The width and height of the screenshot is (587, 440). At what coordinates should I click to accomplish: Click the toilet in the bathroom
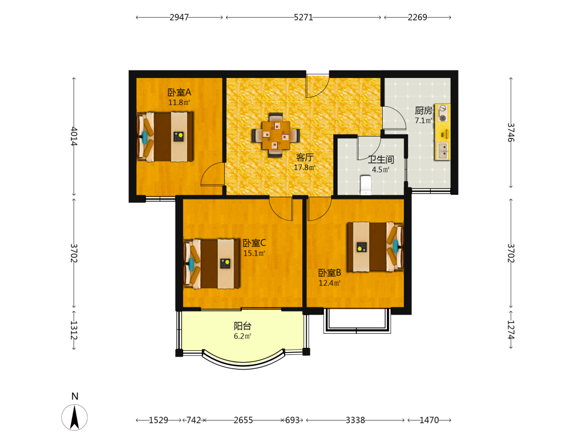(365, 185)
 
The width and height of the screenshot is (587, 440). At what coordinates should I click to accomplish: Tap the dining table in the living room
(275, 135)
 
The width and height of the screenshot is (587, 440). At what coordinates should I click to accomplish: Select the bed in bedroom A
(165, 137)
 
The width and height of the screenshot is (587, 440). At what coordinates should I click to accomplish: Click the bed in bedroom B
(376, 247)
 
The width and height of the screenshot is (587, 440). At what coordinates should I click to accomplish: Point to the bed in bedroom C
(211, 264)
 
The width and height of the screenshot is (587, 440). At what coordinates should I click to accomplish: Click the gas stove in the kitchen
(443, 113)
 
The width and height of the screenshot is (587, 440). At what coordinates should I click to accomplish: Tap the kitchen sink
(443, 150)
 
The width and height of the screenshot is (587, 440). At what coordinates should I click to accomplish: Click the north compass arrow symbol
(75, 417)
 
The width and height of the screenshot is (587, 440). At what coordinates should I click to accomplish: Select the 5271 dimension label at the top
(303, 17)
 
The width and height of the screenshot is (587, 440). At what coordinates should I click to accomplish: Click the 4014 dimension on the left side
(74, 136)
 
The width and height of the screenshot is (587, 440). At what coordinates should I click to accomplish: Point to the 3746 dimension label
(511, 133)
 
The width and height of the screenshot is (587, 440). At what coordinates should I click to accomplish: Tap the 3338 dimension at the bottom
(355, 420)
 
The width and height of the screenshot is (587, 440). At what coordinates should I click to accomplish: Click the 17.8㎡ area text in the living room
(304, 167)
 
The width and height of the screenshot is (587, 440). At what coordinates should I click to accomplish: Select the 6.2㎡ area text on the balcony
(242, 336)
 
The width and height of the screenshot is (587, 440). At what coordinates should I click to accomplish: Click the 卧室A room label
(179, 92)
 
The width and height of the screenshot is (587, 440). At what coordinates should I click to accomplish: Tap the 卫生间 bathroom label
(381, 160)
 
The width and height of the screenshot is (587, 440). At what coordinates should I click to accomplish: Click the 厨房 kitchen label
(423, 110)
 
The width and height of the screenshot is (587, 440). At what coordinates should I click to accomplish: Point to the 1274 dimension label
(511, 330)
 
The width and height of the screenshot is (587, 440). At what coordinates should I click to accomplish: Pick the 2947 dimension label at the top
(179, 17)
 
